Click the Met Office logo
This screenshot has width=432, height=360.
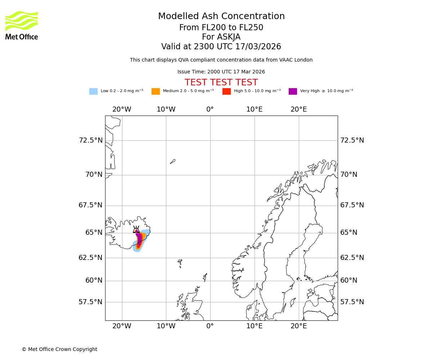click(x=22, y=25)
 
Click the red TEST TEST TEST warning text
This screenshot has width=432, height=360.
click(x=221, y=82)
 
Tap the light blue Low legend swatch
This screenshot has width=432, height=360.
click(x=93, y=91)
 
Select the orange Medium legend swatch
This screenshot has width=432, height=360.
click(x=156, y=91)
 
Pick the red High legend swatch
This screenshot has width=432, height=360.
click(x=226, y=91)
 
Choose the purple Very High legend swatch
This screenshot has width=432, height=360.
click(x=293, y=91)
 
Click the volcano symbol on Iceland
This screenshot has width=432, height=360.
click(x=136, y=230)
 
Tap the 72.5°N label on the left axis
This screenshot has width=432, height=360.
click(x=91, y=140)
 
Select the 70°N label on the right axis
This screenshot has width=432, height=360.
click(x=349, y=175)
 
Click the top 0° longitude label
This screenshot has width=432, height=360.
click(x=210, y=109)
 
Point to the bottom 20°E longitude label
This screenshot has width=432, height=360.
click(x=298, y=326)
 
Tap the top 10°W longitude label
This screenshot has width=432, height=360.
click(x=166, y=109)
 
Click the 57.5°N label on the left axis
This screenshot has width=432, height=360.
click(x=91, y=302)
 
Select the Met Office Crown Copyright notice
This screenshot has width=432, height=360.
click(x=59, y=349)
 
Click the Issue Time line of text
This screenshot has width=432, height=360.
click(x=221, y=72)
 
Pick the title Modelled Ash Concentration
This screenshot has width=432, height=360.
click(x=221, y=16)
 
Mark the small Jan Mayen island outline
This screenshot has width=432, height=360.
click(x=172, y=162)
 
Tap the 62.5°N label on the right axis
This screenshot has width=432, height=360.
click(x=352, y=258)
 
